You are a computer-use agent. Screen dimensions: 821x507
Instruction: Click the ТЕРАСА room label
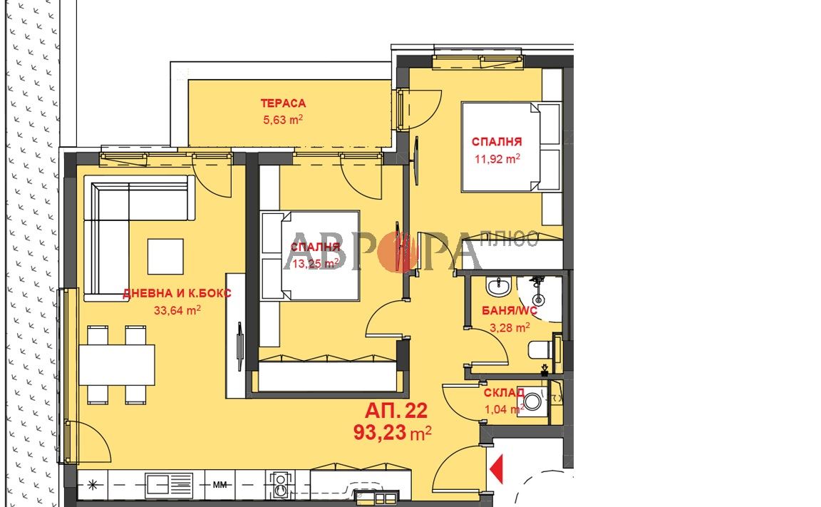tap(283, 103)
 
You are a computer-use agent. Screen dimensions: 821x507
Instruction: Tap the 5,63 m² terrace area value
tap(283, 119)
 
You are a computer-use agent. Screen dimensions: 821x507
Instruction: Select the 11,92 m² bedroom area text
tap(497, 158)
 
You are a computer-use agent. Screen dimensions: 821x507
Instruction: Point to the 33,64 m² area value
tap(177, 310)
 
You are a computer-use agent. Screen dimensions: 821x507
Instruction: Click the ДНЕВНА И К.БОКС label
tap(177, 293)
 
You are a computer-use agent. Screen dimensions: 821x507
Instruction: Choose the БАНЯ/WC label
tap(510, 311)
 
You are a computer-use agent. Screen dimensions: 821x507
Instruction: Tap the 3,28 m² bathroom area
tap(510, 328)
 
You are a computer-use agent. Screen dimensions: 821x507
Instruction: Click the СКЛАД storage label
tap(504, 393)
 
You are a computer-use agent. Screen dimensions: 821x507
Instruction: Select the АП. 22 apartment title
tap(396, 411)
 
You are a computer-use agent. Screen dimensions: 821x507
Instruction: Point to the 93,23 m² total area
tap(392, 433)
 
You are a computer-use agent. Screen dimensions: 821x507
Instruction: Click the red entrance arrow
tap(496, 468)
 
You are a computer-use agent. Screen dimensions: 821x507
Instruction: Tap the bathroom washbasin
tap(499, 287)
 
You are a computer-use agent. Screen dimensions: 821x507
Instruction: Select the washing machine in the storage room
tap(534, 401)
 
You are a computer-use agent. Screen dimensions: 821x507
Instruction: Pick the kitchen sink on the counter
tap(169, 484)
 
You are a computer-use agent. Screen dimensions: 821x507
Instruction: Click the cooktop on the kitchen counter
tap(281, 484)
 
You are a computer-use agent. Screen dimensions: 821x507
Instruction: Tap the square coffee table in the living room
tap(165, 257)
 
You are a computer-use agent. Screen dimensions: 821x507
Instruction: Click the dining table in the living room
tap(118, 364)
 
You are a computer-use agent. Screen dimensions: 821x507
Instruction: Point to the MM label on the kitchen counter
tap(220, 485)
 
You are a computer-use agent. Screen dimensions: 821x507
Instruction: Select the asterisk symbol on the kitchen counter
tap(93, 485)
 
